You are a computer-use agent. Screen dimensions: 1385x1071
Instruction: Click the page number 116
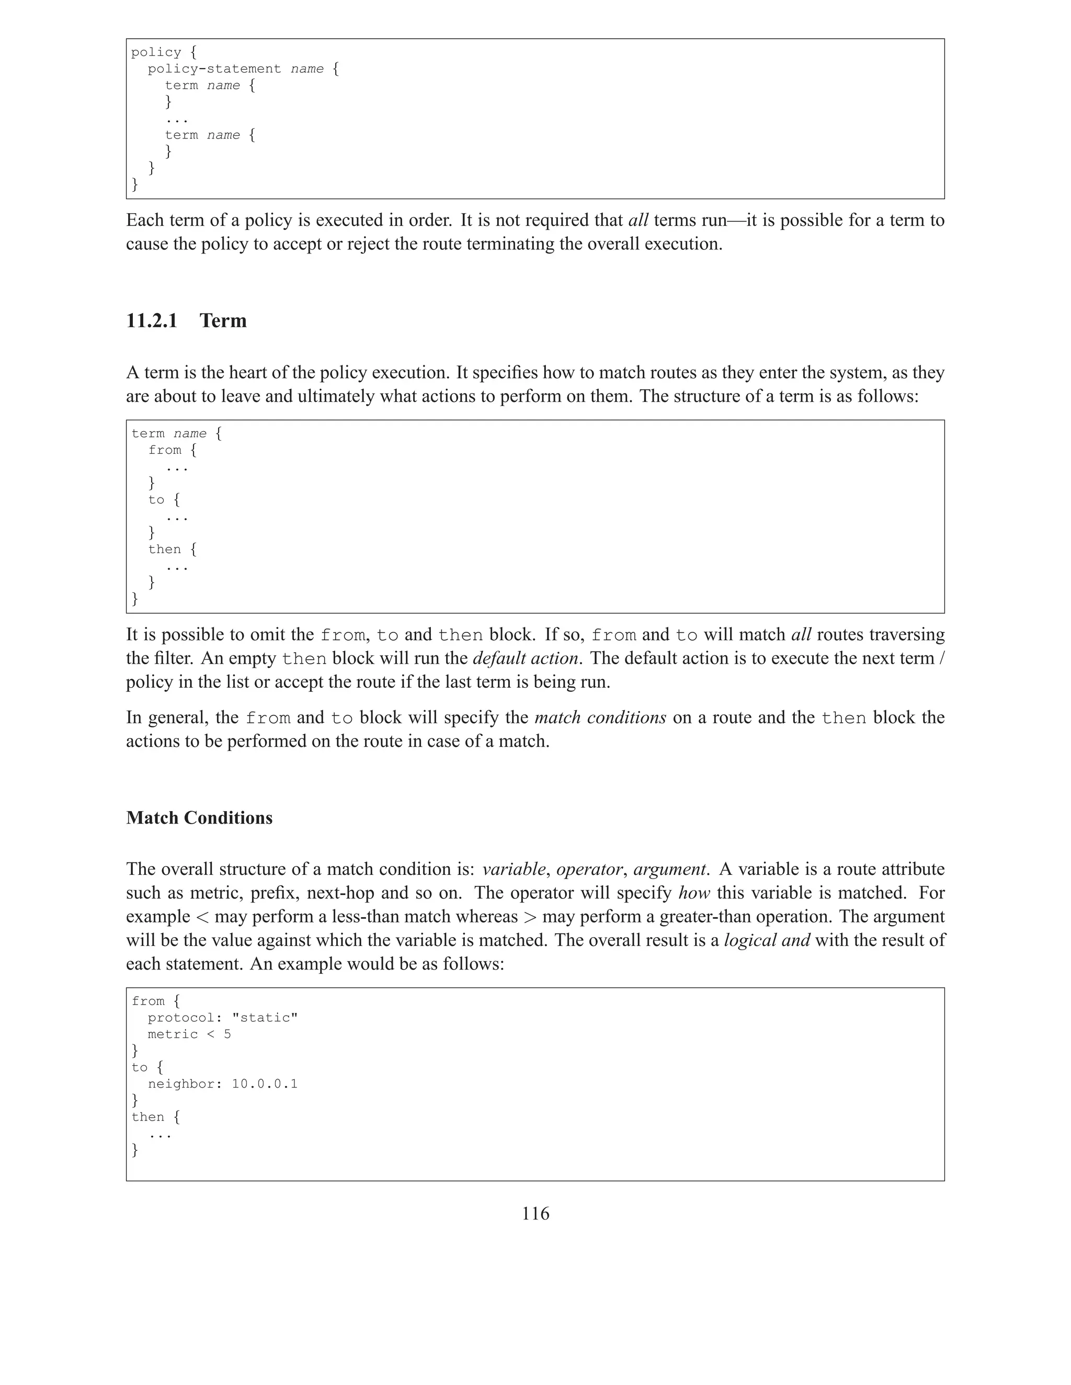coord(535,1213)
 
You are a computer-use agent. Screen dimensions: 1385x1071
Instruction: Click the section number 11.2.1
coord(152,321)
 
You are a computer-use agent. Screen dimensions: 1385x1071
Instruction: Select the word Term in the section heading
coord(223,321)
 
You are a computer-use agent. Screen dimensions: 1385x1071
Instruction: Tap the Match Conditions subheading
coord(199,817)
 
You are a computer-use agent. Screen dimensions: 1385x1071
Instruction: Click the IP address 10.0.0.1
coord(265,1084)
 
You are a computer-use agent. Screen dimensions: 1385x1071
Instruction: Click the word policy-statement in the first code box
coord(214,68)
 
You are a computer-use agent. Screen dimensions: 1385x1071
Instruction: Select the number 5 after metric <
coord(227,1034)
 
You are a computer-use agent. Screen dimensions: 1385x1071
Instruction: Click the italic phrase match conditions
coord(600,718)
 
